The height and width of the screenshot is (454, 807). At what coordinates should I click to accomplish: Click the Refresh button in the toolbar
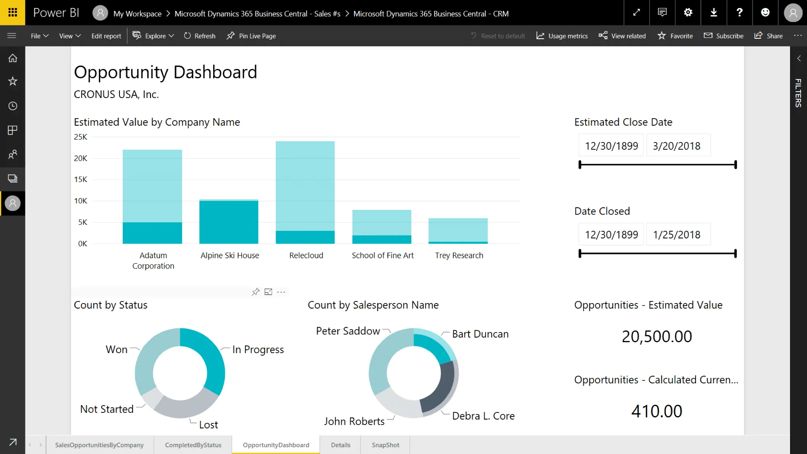click(x=200, y=36)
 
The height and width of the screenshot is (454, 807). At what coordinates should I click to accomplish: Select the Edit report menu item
click(x=106, y=36)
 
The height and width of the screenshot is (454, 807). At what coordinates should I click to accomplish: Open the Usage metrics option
click(x=562, y=36)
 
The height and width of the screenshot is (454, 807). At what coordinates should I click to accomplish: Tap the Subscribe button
click(x=723, y=36)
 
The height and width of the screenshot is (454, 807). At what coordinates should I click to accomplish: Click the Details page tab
click(x=340, y=445)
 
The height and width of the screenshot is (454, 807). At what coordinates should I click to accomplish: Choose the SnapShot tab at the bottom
click(x=385, y=445)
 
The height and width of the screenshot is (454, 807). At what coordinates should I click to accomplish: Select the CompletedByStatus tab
click(x=193, y=445)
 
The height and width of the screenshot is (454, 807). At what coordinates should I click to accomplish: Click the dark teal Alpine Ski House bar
click(x=229, y=222)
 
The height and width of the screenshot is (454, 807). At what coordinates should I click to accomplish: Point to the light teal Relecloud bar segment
click(x=305, y=186)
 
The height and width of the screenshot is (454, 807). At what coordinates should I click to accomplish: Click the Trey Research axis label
click(x=459, y=255)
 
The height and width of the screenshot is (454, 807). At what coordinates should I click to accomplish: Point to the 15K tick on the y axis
click(x=80, y=180)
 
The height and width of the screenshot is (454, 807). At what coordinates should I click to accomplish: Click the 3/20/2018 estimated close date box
click(x=677, y=146)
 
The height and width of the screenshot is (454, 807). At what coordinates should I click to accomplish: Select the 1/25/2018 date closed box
click(x=677, y=234)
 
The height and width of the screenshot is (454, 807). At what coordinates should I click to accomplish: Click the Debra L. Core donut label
click(x=483, y=416)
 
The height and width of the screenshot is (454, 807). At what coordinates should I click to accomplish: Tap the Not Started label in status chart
click(x=107, y=409)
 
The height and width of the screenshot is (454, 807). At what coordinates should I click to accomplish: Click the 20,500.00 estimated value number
click(x=657, y=337)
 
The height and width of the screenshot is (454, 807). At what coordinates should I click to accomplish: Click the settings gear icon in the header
click(x=688, y=13)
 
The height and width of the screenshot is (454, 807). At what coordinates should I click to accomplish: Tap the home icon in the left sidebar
click(x=13, y=58)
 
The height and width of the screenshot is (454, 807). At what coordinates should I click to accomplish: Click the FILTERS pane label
click(x=798, y=93)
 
